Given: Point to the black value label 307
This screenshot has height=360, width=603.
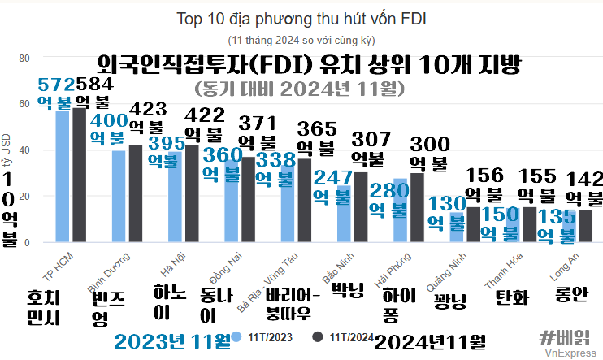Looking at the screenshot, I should [x=371, y=138].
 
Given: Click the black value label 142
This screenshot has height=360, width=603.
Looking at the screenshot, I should [x=584, y=179].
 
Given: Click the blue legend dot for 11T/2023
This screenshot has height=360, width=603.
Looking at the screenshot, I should [x=236, y=336].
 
